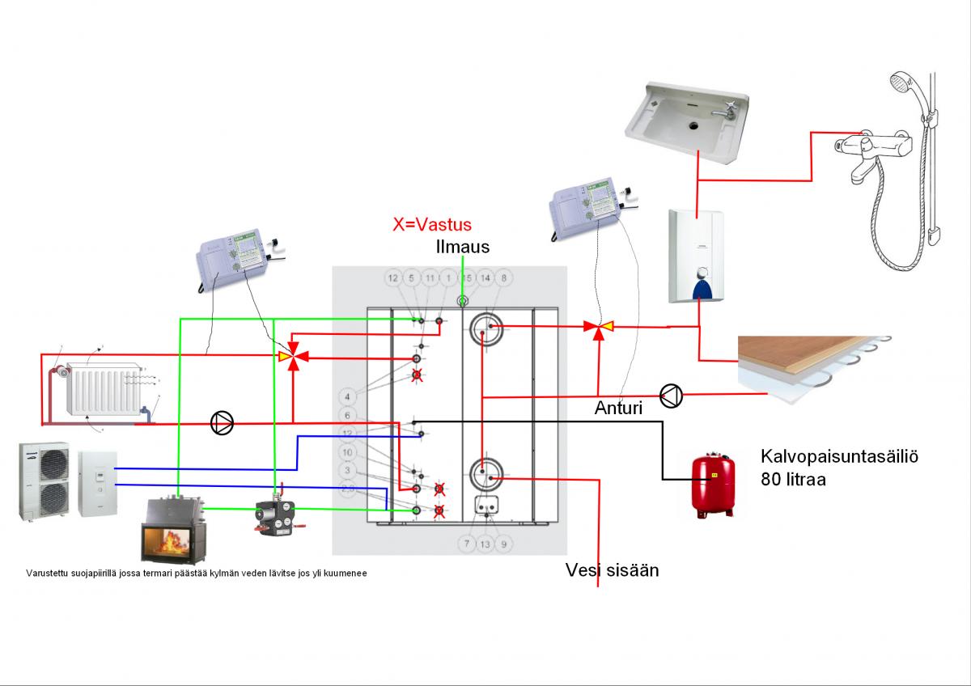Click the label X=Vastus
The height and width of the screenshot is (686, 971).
pyautogui.click(x=430, y=224)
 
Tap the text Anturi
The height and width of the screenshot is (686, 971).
pyautogui.click(x=618, y=409)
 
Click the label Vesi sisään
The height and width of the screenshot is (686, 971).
pyautogui.click(x=612, y=570)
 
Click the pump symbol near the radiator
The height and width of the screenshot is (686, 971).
pyautogui.click(x=222, y=422)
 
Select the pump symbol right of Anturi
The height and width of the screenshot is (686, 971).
pyautogui.click(x=672, y=396)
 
